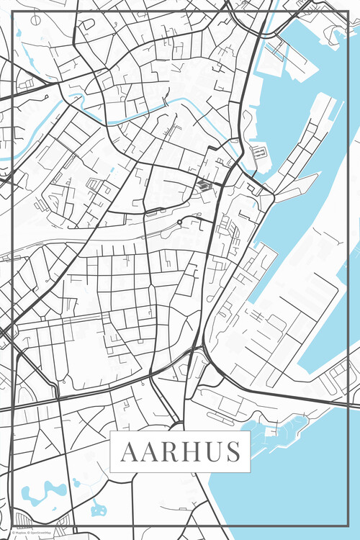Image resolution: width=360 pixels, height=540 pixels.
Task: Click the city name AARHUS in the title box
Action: (x=181, y=452)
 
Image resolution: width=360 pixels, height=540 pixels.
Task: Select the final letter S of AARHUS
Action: (x=232, y=452)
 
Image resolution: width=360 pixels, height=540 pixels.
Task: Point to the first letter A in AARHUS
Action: (x=129, y=452)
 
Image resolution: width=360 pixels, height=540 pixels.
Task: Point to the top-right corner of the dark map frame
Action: (x=348, y=13)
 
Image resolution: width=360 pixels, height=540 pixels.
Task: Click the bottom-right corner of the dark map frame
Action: (x=348, y=527)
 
